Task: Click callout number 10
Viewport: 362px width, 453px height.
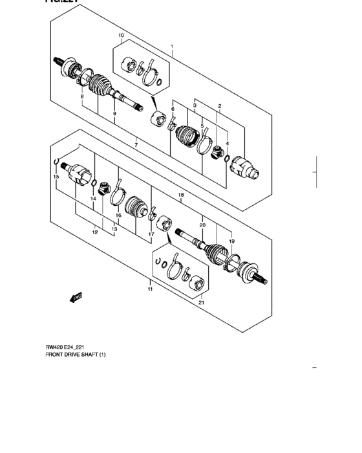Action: coord(121,35)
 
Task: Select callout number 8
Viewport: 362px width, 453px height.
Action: coord(81,96)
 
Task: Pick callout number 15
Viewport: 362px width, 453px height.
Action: coord(56,177)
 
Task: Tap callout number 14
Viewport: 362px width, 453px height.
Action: coord(93,199)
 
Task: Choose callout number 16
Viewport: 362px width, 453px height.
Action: coord(118,215)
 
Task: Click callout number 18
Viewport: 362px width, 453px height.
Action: coord(181,195)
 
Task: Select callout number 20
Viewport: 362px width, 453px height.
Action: coord(202,225)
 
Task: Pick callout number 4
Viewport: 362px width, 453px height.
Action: coord(228,135)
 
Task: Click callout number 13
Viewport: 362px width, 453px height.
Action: coord(114,228)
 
